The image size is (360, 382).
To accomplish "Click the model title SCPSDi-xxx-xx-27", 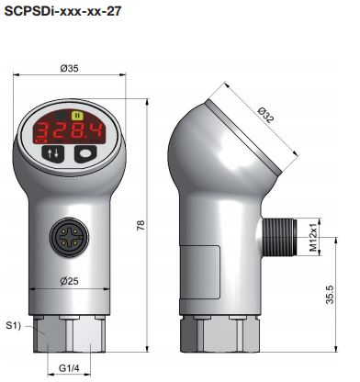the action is coord(62,11).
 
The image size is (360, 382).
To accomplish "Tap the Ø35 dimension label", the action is coord(69,68).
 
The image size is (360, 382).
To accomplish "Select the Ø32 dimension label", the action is coord(265,115).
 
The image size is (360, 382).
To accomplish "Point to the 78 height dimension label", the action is coord(141,225).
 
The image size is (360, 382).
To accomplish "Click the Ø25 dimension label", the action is coord(69,281).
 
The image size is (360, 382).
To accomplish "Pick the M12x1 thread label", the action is coord(313,238).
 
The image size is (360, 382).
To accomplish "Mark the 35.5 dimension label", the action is coord(330,295).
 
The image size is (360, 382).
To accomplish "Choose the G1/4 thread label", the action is coord(69,368).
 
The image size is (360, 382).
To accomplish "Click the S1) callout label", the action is coord(14,326).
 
